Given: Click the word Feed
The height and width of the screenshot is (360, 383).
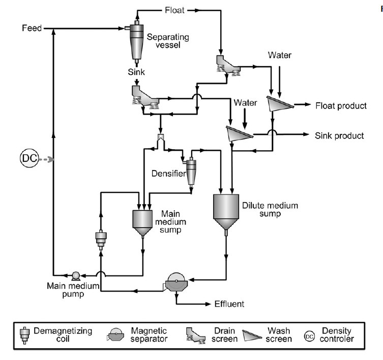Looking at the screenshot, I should click(32, 28).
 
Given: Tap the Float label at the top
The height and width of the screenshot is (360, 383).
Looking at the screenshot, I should click(174, 10).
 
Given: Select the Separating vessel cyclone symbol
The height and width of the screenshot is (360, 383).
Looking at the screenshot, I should click(136, 41).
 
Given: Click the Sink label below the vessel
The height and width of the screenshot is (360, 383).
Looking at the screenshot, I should click(136, 72).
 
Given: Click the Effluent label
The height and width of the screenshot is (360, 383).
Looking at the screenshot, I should click(228, 304).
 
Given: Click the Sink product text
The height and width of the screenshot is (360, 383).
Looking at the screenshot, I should click(339, 135).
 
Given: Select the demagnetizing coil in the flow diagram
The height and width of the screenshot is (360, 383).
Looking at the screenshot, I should click(100, 238).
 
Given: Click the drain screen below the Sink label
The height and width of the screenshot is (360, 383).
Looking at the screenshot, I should click(144, 96).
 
